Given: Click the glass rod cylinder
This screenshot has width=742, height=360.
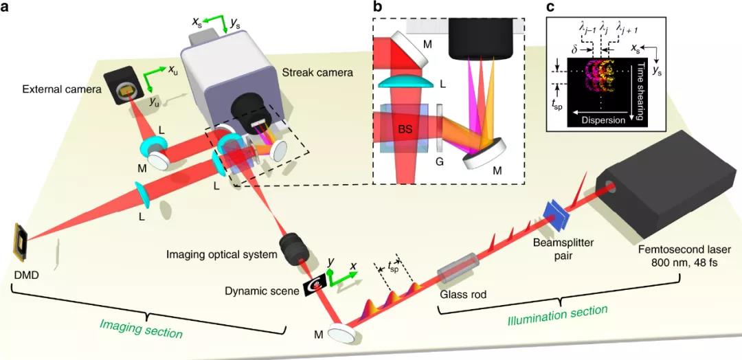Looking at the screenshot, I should click(460, 267).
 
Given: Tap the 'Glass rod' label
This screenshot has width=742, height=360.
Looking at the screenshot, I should click(462, 293).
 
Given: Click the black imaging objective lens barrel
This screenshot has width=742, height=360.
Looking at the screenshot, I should click(297, 249).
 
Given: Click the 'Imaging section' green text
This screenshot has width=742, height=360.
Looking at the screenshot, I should click(142, 328).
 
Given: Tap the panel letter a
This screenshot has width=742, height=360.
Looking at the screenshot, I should click(8, 8).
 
